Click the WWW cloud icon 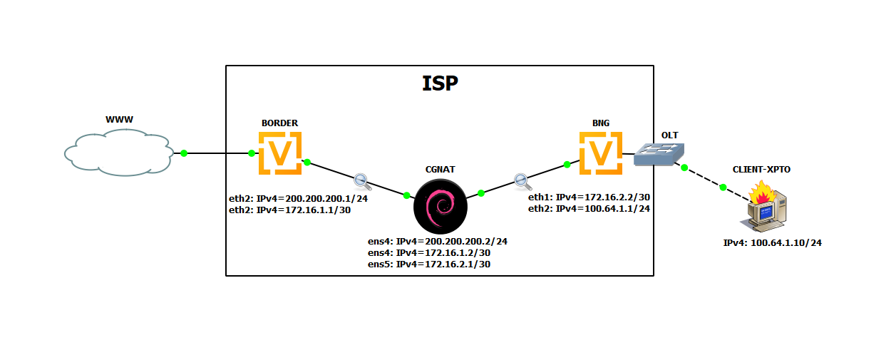pos(118,152)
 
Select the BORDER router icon pos(279,152)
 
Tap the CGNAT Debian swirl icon pos(441,206)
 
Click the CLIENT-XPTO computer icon pos(766,207)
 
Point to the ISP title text pos(439,83)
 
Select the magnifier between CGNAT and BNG pos(521,180)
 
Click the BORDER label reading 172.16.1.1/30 pos(289,210)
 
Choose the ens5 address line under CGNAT pos(428,264)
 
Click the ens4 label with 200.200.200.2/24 pos(437,241)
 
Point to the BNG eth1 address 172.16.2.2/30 pos(589,196)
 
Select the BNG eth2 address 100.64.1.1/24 pos(589,208)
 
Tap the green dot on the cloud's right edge pos(184,153)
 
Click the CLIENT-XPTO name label pos(761,170)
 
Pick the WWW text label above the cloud pos(120,120)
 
